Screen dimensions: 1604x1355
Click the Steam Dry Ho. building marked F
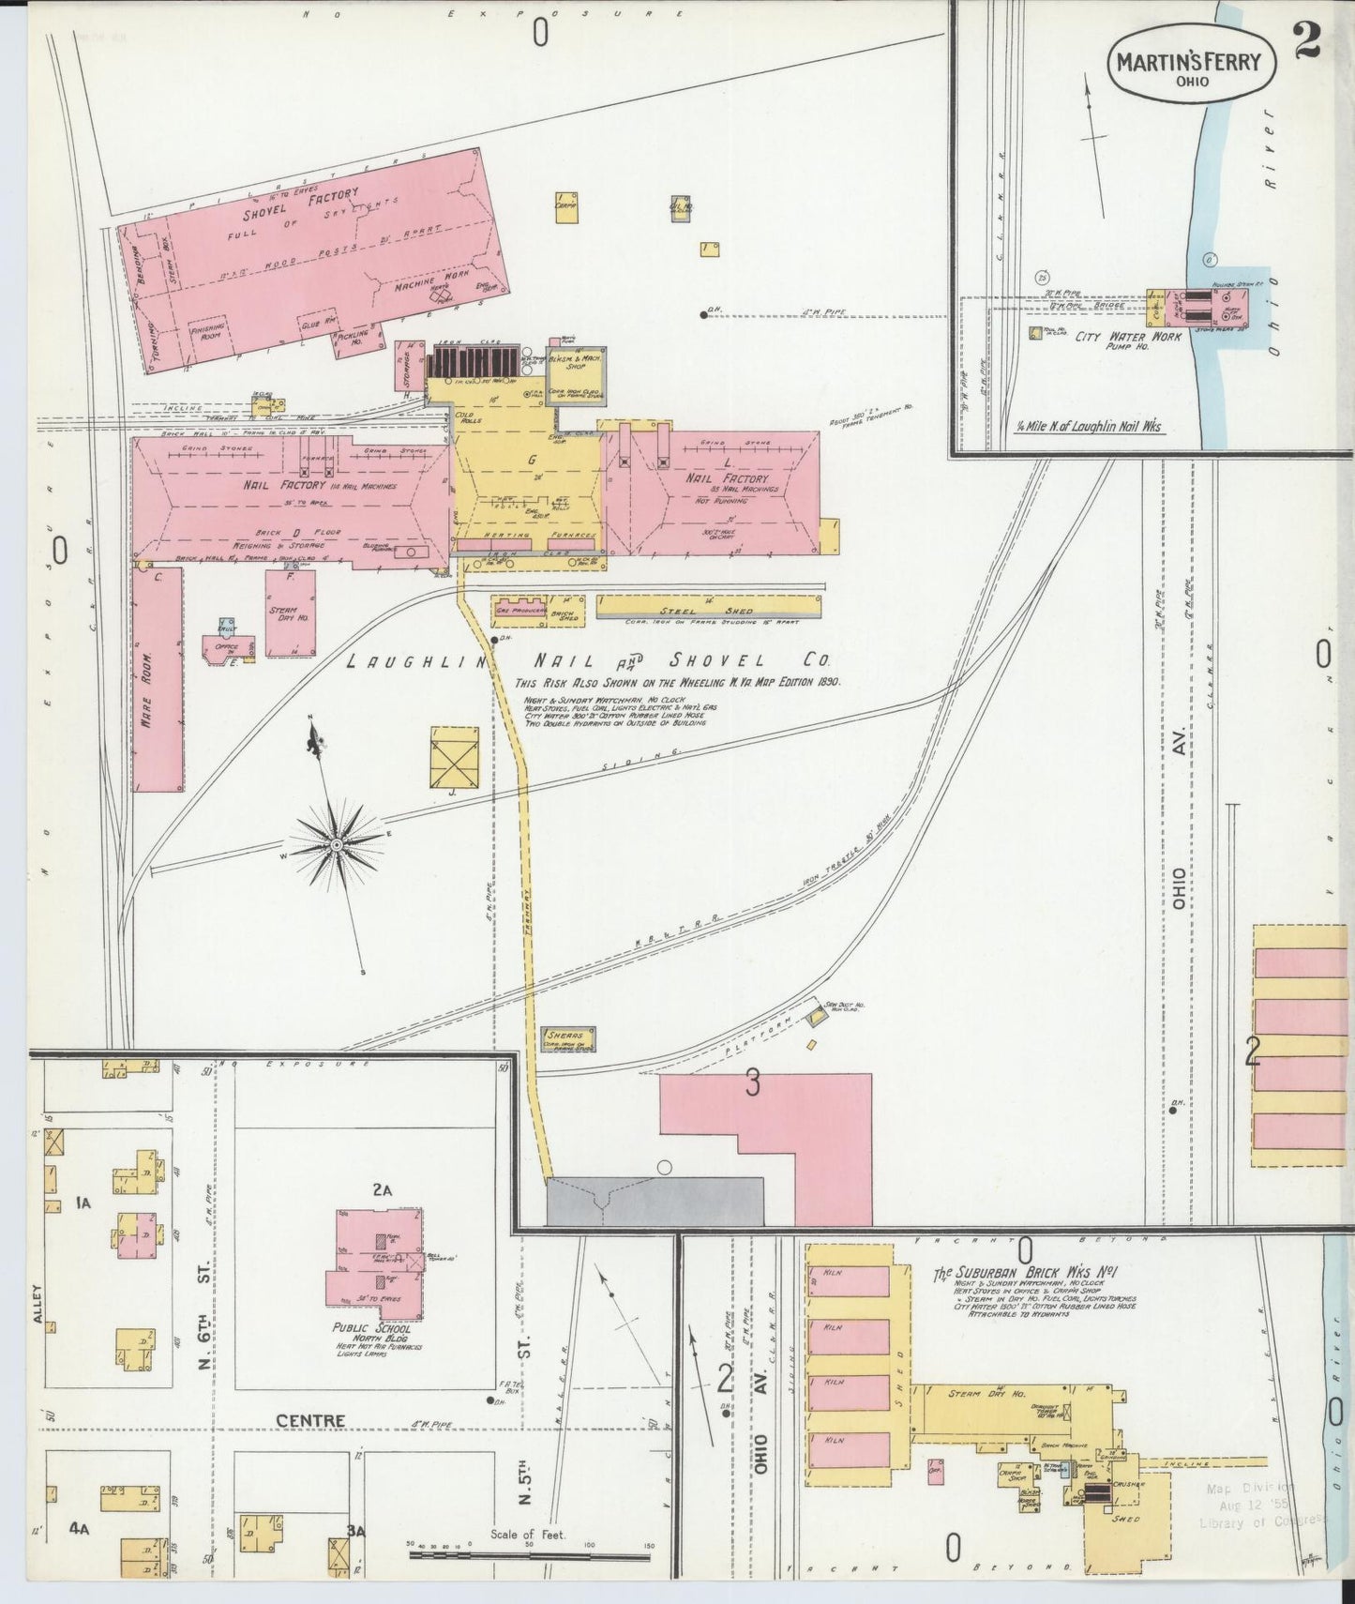pyautogui.click(x=290, y=613)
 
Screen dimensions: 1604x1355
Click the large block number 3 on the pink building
pyautogui.click(x=751, y=1083)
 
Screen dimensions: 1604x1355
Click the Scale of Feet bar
pyautogui.click(x=530, y=1554)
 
